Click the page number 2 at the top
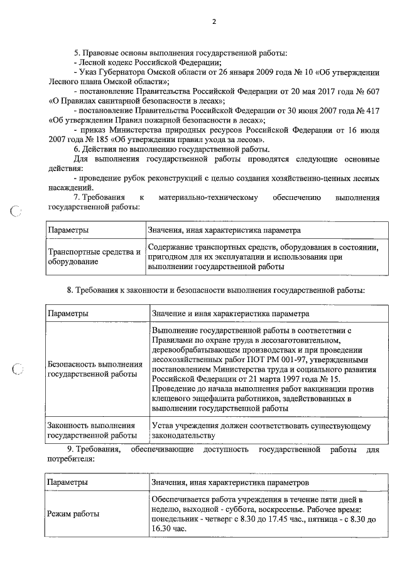coord(214,22)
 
